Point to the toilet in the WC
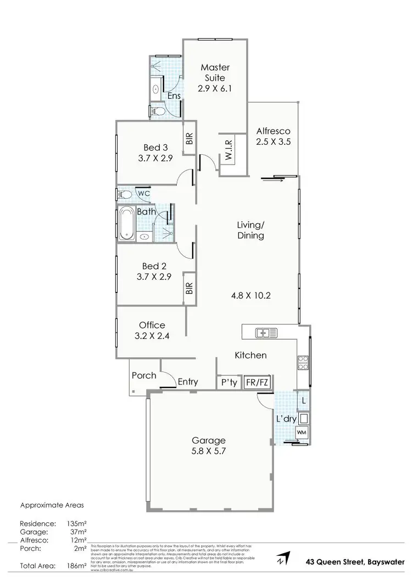click(x=124, y=194)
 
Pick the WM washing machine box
click(x=302, y=433)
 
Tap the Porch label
click(x=144, y=376)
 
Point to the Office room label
click(x=152, y=325)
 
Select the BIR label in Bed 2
click(x=190, y=288)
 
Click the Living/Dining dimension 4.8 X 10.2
click(x=250, y=295)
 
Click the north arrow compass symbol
click(x=281, y=560)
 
